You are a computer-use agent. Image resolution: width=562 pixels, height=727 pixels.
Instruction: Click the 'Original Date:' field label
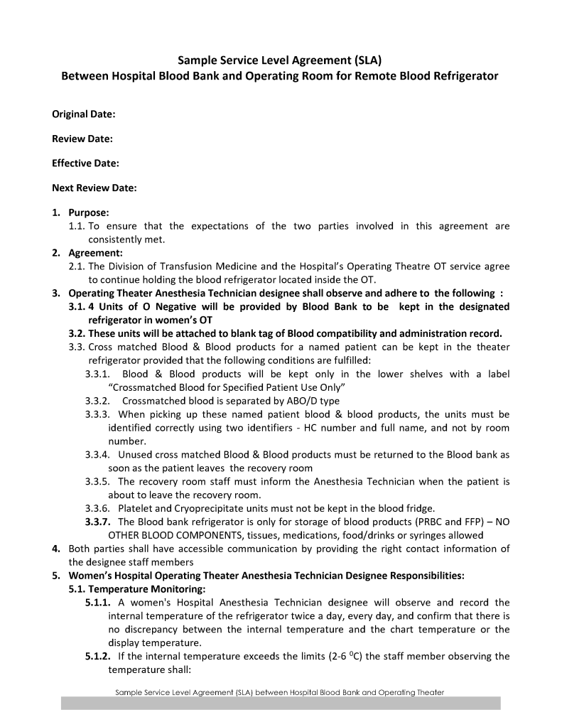(84, 114)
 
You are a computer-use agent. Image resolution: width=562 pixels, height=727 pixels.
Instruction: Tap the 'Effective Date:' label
(85, 163)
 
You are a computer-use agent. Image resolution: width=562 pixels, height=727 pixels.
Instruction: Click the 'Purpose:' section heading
(89, 212)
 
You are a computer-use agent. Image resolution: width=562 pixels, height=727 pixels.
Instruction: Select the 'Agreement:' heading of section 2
(95, 252)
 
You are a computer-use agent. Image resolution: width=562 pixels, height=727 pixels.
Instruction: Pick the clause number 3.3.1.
(97, 374)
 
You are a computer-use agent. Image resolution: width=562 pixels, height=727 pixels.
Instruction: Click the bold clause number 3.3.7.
(98, 522)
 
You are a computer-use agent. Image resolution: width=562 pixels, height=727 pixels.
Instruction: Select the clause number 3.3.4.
(97, 454)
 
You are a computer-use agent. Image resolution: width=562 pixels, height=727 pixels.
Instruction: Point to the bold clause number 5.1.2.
(98, 656)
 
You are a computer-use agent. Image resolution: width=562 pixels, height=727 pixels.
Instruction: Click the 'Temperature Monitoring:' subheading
(137, 589)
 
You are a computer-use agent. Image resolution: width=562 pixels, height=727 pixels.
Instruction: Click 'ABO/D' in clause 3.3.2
(303, 401)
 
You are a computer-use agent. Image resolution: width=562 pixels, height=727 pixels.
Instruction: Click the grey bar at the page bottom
(281, 703)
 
